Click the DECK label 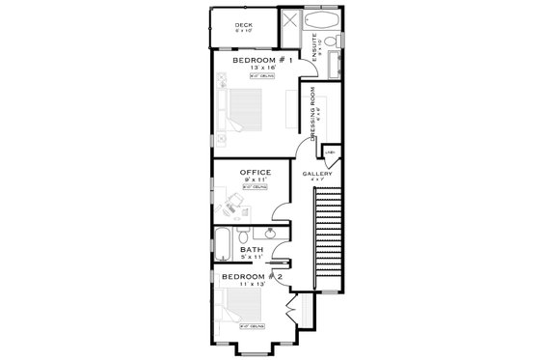(244, 24)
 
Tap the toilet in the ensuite (328, 42)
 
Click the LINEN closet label (329, 152)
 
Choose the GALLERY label (317, 174)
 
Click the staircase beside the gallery (330, 232)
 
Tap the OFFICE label (255, 173)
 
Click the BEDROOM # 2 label (250, 276)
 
